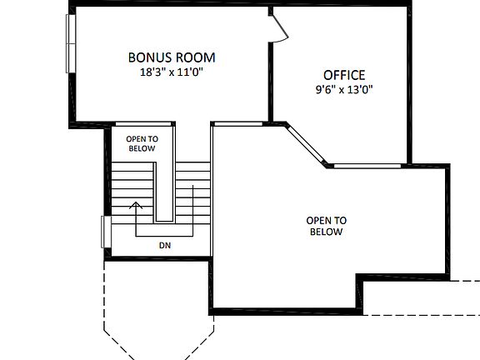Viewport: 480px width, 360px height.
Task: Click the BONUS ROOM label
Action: (x=172, y=57)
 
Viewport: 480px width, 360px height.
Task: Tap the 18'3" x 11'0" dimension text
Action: (x=172, y=72)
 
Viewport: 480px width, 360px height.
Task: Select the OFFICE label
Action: (x=344, y=75)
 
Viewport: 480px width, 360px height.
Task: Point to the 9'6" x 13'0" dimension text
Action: (x=344, y=89)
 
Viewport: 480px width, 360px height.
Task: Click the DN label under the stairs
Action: (x=164, y=246)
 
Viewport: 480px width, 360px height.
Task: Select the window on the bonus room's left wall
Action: (x=70, y=45)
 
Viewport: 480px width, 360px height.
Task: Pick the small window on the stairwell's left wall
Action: (x=105, y=232)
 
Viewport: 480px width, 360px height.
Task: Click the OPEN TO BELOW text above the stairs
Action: (x=142, y=143)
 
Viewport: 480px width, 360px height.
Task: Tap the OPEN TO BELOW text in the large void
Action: (x=326, y=226)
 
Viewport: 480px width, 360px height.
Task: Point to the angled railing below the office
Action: (x=307, y=144)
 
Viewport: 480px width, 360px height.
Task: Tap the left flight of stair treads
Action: (x=133, y=187)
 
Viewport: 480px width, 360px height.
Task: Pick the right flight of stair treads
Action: (x=192, y=187)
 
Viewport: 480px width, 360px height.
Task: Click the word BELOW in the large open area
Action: (x=326, y=232)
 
